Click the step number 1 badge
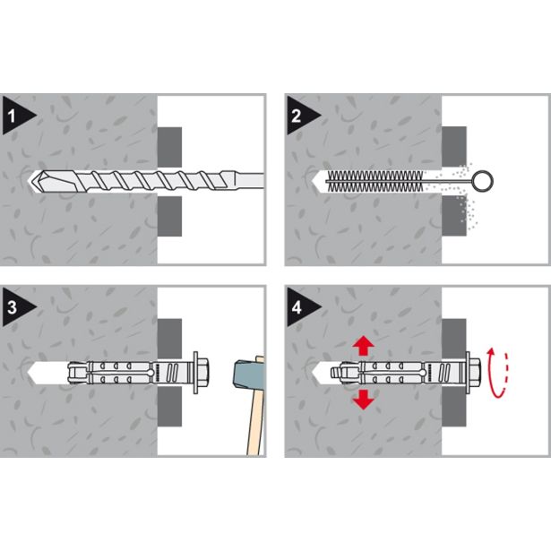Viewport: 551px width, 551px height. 16,116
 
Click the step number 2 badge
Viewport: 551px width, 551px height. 300,116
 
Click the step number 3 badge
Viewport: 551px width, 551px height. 16,307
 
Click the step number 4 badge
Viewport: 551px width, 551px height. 300,307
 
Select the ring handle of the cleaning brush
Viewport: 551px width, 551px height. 483,181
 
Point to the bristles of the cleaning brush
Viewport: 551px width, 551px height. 375,181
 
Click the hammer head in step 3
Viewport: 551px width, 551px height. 248,374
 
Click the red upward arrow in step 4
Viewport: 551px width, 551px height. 363,346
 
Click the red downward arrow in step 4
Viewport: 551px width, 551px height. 363,400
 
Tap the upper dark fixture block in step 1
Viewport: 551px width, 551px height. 169,147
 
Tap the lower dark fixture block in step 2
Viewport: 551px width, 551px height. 454,216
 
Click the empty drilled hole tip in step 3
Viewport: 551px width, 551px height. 31,373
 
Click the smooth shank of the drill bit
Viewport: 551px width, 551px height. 247,181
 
